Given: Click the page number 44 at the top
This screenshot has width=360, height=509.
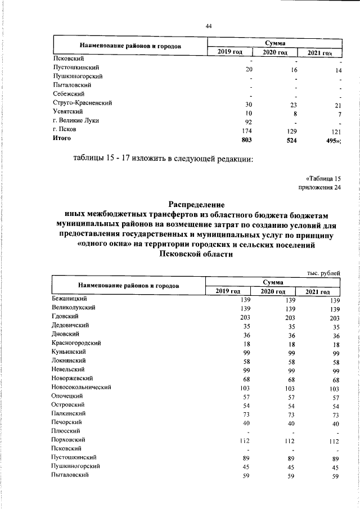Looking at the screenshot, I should pyautogui.click(x=208, y=26).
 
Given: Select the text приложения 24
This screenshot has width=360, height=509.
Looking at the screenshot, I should pyautogui.click(x=319, y=188).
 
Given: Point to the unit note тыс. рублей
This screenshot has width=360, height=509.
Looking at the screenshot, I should pyautogui.click(x=323, y=273).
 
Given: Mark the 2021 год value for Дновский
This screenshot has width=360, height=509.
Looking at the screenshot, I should pyautogui.click(x=335, y=336).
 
